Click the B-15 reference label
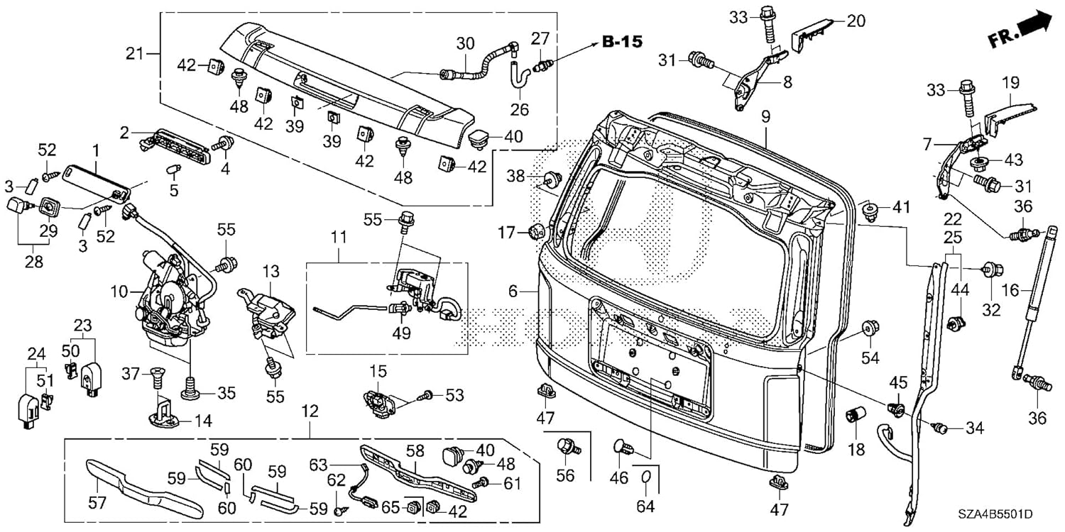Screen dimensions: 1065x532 623,42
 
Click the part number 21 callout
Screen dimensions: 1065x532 135,53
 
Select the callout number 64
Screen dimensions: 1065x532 645,506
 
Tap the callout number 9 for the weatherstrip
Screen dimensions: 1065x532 765,117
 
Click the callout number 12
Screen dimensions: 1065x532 310,411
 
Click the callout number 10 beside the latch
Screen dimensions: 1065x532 119,292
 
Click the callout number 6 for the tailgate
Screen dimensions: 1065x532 513,291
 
